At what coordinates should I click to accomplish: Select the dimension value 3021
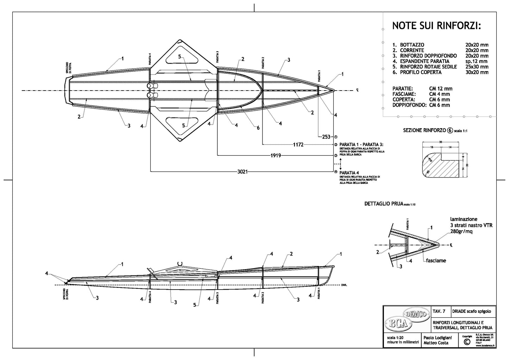pyautogui.click(x=243, y=172)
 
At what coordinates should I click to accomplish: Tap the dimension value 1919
pyautogui.click(x=275, y=155)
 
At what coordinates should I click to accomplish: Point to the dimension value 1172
pyautogui.click(x=298, y=144)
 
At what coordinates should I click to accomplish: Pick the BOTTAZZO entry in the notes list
pyautogui.click(x=412, y=45)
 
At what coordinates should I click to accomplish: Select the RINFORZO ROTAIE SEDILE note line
pyautogui.click(x=428, y=67)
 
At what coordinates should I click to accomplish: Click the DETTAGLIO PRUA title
pyautogui.click(x=384, y=204)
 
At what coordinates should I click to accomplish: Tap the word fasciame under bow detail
pyautogui.click(x=436, y=261)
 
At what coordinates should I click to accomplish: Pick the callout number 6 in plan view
pyautogui.click(x=258, y=128)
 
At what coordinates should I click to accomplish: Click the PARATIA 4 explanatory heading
pyautogui.click(x=349, y=173)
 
